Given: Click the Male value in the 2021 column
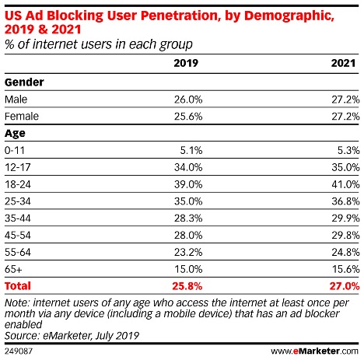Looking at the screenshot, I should pyautogui.click(x=345, y=100).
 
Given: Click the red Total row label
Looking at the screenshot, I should pyautogui.click(x=18, y=285).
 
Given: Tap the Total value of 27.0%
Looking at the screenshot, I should pyautogui.click(x=345, y=285).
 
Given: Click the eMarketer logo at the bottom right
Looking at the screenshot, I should pyautogui.click(x=326, y=350).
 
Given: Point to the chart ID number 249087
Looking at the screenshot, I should pyautogui.click(x=18, y=350).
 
